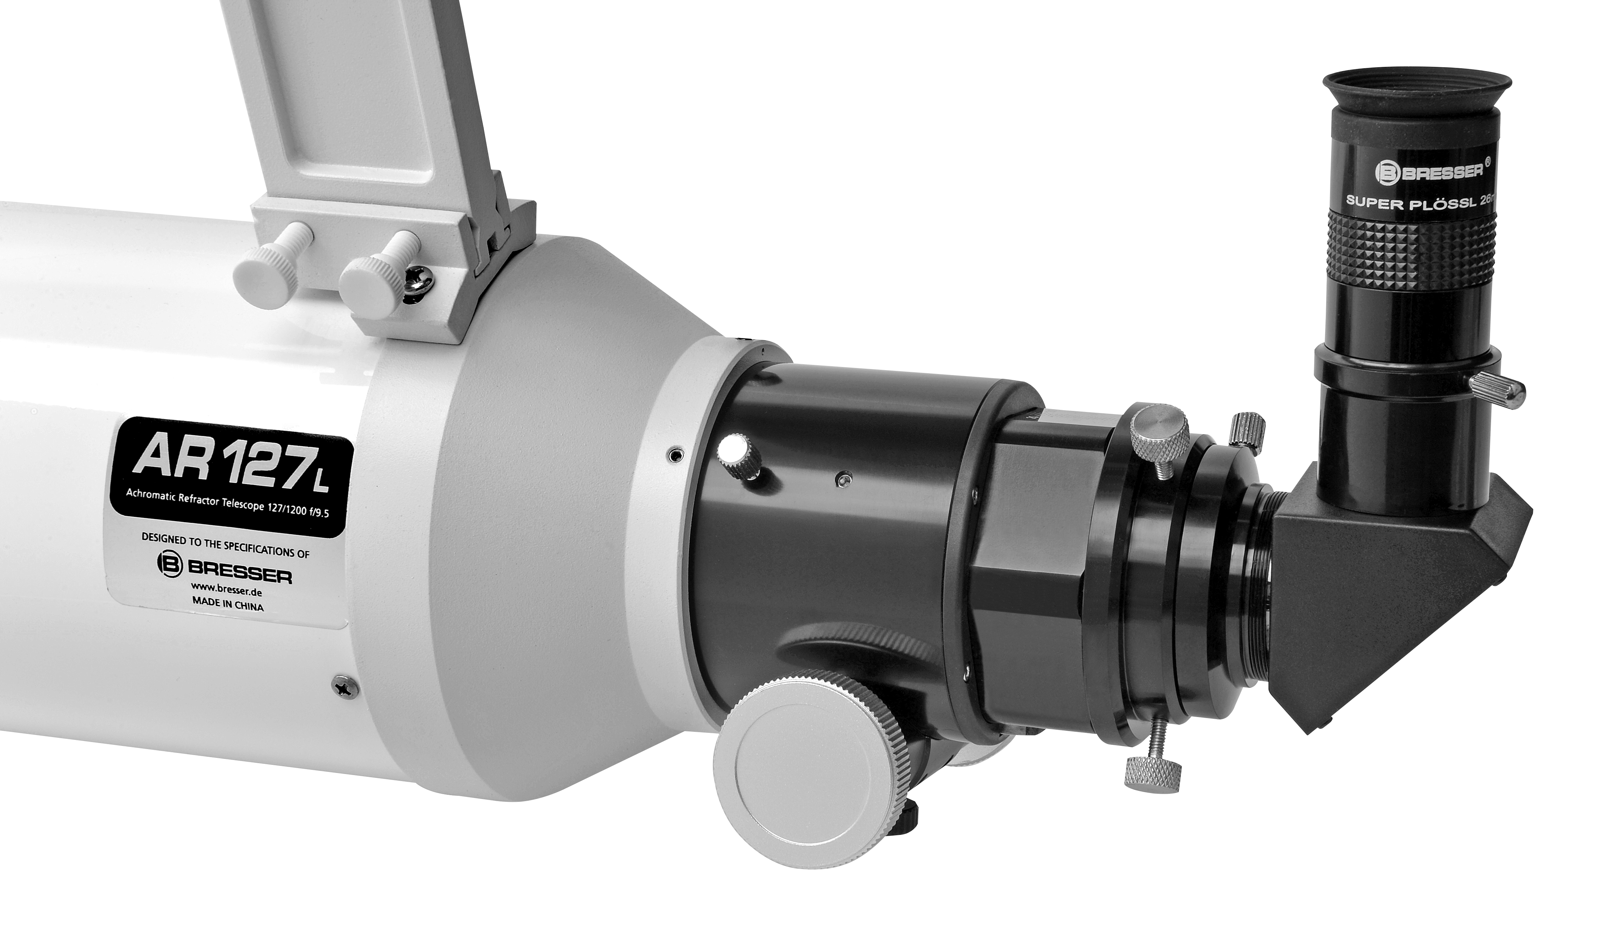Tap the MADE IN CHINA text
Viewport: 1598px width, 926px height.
[226, 606]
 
